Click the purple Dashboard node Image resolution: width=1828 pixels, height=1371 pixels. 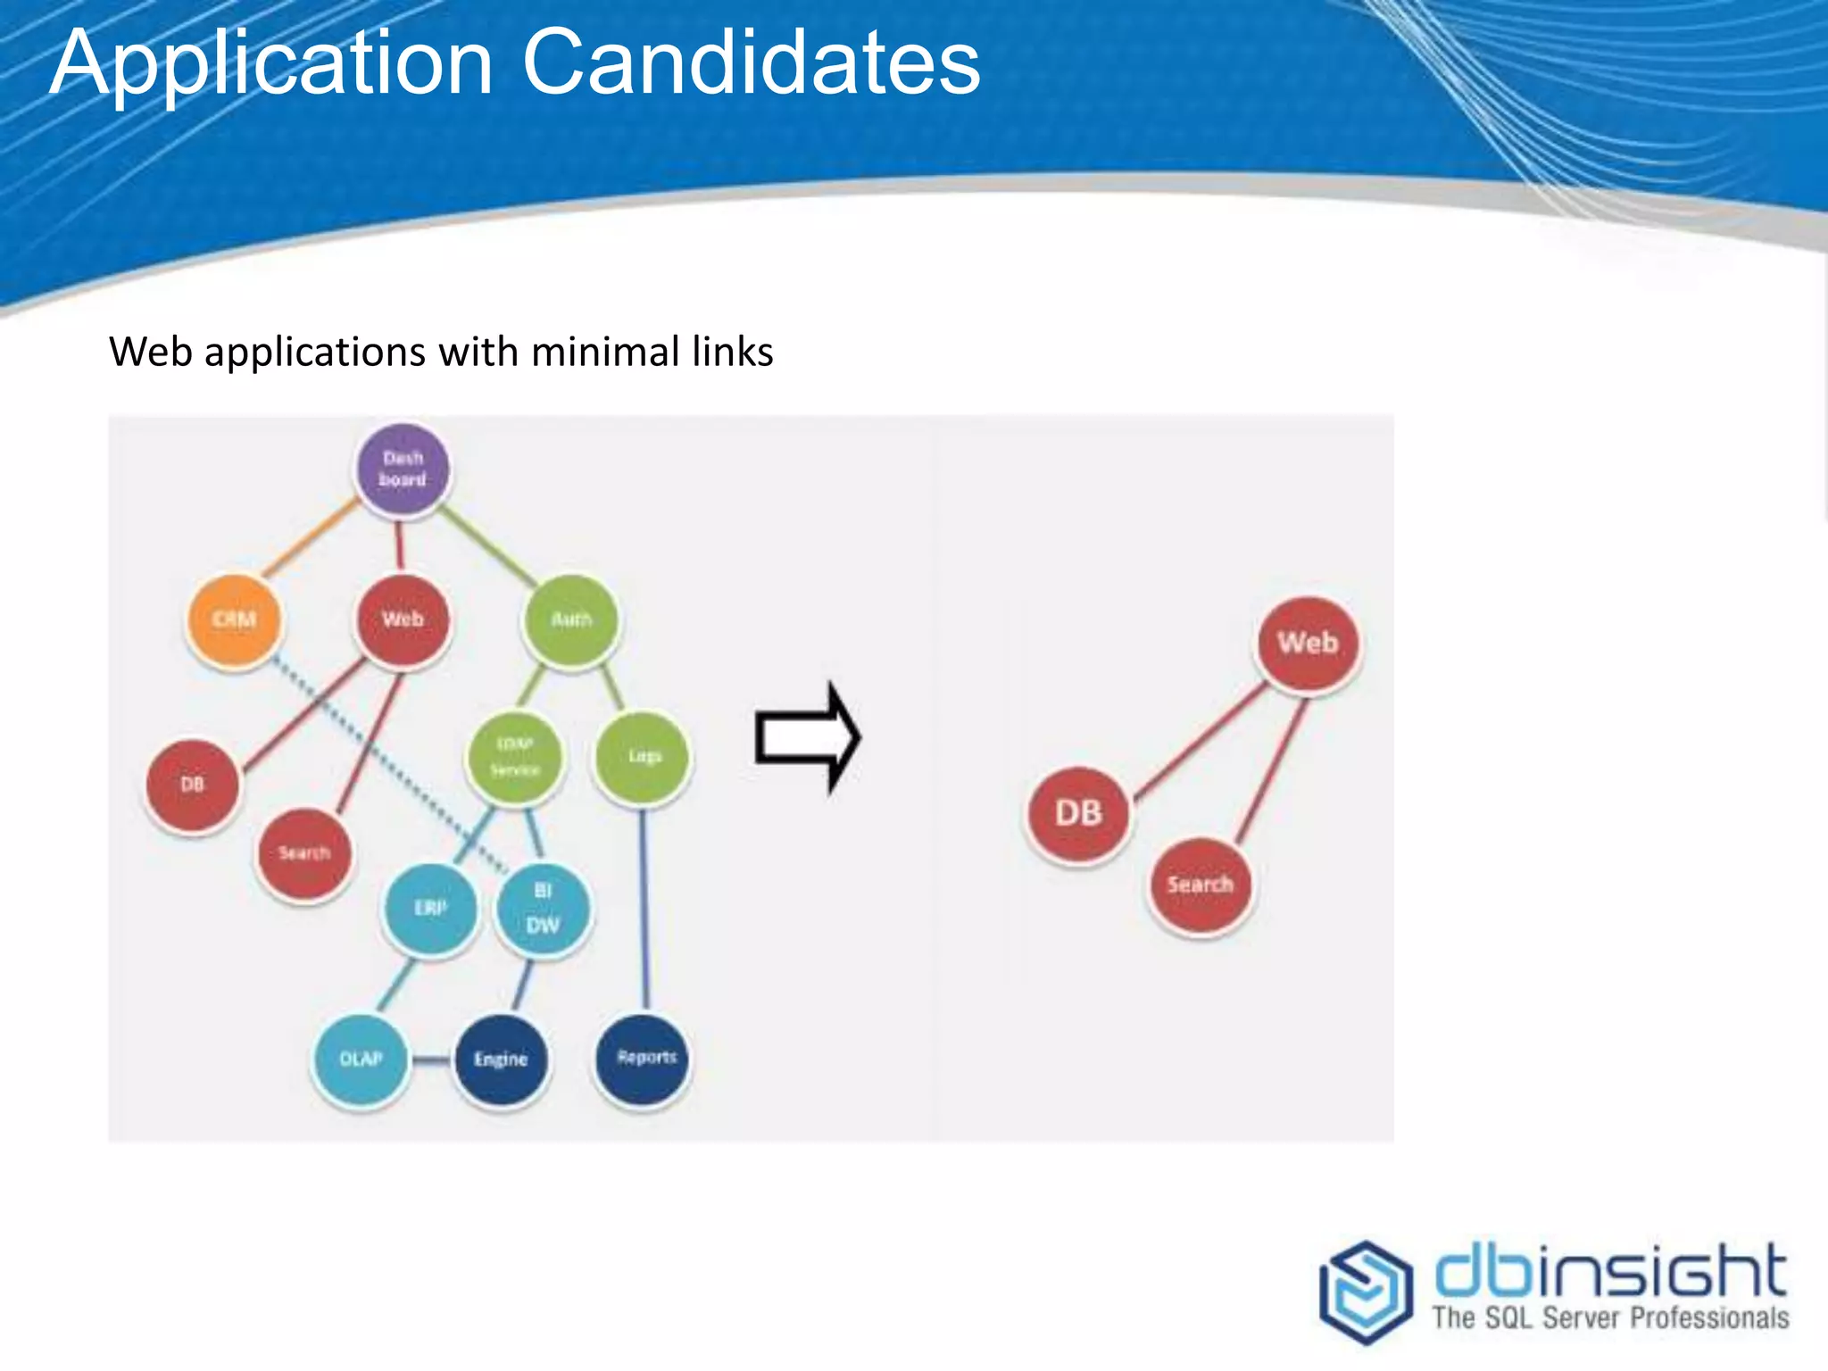point(403,469)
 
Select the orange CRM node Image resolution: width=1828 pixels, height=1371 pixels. point(234,619)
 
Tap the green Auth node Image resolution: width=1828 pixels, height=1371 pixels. point(571,619)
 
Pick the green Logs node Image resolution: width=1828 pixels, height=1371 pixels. point(643,756)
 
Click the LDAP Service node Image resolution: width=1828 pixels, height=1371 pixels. point(515,757)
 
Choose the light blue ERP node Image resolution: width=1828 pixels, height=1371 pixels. point(430,909)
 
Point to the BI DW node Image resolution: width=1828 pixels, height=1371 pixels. point(543,909)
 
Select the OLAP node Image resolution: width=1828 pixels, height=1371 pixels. point(361,1059)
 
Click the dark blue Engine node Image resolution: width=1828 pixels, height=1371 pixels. point(501,1059)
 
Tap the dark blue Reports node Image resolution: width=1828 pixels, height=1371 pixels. point(643,1058)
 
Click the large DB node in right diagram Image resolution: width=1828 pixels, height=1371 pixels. point(1078,813)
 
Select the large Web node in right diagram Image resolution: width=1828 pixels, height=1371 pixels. point(1308,644)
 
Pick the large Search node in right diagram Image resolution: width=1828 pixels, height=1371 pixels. point(1200,885)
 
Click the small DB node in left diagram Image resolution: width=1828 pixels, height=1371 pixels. point(192,785)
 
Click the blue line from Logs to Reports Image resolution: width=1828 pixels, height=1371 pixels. point(644,910)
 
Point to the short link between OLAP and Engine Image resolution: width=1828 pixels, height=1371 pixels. point(431,1060)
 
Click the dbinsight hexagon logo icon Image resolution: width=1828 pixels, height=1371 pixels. point(1366,1291)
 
